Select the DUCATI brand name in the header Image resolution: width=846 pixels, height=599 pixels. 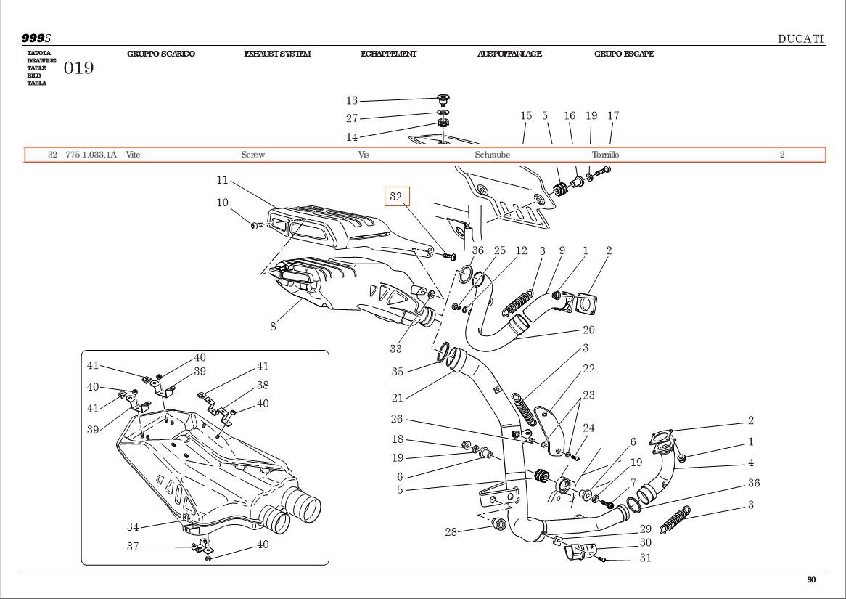800,39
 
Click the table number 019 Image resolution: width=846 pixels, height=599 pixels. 79,69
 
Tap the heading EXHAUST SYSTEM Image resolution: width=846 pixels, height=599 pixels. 277,54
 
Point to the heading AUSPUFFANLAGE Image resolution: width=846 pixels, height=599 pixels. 509,54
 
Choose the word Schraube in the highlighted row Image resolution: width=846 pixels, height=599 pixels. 493,155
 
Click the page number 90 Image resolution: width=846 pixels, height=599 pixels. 811,579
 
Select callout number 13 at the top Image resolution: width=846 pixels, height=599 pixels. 352,101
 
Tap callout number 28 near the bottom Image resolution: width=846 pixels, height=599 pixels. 451,532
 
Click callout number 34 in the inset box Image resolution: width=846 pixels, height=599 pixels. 133,527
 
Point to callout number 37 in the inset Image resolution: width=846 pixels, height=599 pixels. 133,547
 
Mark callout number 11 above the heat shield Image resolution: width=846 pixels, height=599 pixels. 222,180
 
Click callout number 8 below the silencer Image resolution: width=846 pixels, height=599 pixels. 273,327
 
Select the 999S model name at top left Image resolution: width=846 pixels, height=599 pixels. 36,38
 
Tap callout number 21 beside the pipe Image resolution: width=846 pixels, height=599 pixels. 398,398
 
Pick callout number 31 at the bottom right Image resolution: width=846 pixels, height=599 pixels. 645,558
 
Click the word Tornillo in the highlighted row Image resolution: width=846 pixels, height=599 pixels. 606,155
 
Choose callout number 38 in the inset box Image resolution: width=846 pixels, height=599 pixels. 263,386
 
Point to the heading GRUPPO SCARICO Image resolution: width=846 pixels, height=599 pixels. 161,54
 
